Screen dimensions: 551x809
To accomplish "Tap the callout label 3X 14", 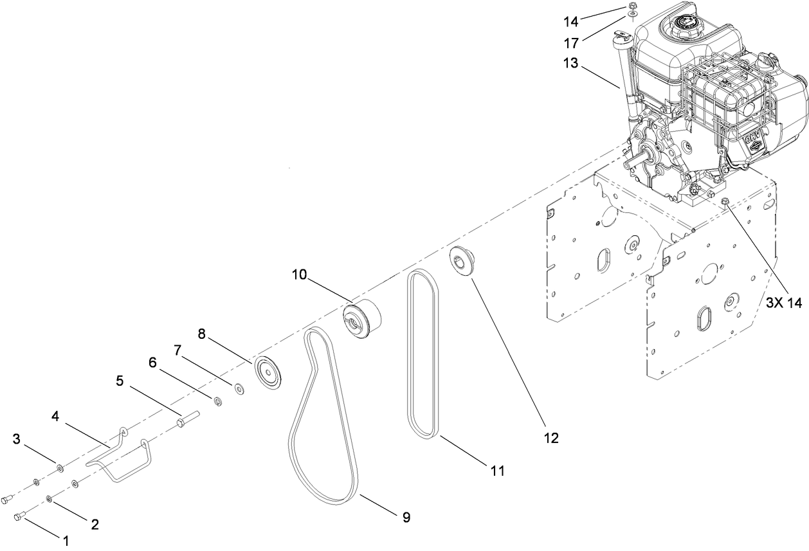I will (x=784, y=303).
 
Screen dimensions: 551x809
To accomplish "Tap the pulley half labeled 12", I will (x=460, y=262).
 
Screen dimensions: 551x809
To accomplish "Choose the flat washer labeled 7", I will (x=239, y=388).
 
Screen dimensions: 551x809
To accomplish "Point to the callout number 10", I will (x=300, y=275).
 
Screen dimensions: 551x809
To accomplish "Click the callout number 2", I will (x=95, y=524).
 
